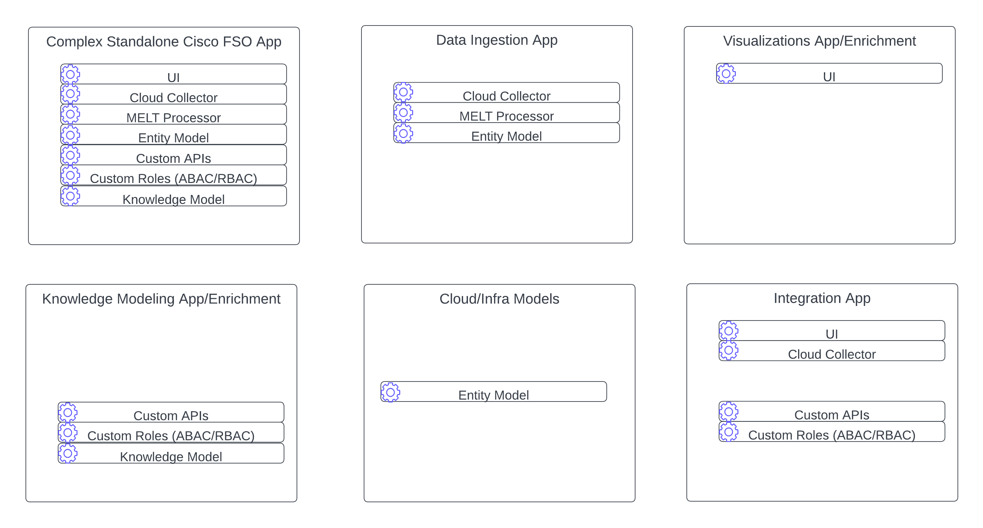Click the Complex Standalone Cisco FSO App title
click(x=164, y=42)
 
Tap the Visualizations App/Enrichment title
click(x=819, y=41)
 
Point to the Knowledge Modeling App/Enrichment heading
click(x=161, y=299)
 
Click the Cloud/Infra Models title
click(x=499, y=299)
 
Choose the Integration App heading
click(x=822, y=298)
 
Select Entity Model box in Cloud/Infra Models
click(x=493, y=392)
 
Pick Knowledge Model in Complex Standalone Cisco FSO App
click(x=174, y=197)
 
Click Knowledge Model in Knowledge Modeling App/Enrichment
click(x=171, y=454)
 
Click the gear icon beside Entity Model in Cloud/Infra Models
click(x=390, y=392)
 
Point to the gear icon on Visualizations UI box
click(x=726, y=74)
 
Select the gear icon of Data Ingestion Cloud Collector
click(x=403, y=93)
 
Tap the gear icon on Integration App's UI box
click(x=728, y=331)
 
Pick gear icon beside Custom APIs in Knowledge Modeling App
click(x=67, y=412)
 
